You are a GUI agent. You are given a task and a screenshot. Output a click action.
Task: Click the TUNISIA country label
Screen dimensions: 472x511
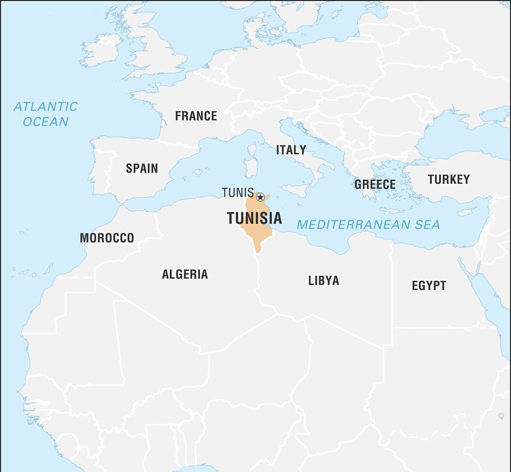pyautogui.click(x=254, y=218)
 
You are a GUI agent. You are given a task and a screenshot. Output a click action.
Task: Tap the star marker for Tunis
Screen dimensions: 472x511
pyautogui.click(x=260, y=197)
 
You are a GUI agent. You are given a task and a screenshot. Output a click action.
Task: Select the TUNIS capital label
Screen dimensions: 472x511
pyautogui.click(x=238, y=193)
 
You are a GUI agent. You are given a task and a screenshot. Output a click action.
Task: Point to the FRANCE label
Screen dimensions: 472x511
pyautogui.click(x=196, y=116)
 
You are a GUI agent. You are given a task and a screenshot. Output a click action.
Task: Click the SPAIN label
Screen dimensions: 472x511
pyautogui.click(x=142, y=168)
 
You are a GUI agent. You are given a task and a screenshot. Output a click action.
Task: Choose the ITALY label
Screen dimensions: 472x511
pyautogui.click(x=291, y=150)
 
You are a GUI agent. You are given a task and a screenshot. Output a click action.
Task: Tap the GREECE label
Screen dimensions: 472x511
pyautogui.click(x=375, y=184)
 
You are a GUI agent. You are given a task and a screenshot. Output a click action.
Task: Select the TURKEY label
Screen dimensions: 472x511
pyautogui.click(x=449, y=179)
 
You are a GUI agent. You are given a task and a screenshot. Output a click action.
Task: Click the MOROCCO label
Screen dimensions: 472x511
pyautogui.click(x=107, y=238)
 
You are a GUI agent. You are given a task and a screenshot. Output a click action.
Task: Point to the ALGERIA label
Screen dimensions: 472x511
pyautogui.click(x=185, y=274)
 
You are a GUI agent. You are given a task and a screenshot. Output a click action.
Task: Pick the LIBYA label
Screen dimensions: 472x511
pyautogui.click(x=323, y=280)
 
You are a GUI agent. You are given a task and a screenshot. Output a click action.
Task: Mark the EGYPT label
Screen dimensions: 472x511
pyautogui.click(x=429, y=286)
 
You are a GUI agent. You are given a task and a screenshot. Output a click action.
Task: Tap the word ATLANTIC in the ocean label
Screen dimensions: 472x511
pyautogui.click(x=45, y=107)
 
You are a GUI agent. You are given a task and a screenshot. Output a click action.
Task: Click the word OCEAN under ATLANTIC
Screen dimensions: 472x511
pyautogui.click(x=45, y=122)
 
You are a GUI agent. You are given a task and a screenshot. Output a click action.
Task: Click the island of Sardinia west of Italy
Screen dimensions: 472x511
pyautogui.click(x=250, y=166)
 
